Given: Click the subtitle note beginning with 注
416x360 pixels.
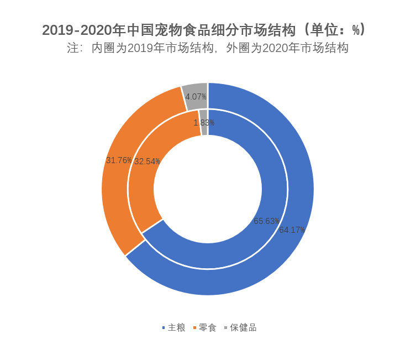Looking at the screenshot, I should (208, 48).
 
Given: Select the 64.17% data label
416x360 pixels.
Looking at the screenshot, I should (292, 230).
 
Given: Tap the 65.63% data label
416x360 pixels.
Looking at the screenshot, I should (266, 221).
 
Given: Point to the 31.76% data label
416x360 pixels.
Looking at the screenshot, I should (119, 160).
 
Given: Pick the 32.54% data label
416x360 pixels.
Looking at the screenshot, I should (147, 161).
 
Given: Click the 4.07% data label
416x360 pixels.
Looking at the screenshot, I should (196, 97).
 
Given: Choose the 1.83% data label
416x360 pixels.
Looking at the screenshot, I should (204, 123).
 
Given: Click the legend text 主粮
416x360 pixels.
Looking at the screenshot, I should (177, 327).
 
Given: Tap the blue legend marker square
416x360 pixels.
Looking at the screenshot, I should (164, 328).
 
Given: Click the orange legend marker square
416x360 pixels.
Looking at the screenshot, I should (194, 328).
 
